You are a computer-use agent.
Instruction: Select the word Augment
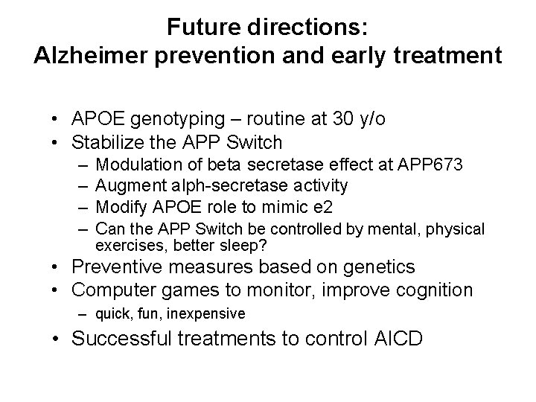[x=127, y=184]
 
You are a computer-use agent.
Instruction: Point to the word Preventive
[x=123, y=267]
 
